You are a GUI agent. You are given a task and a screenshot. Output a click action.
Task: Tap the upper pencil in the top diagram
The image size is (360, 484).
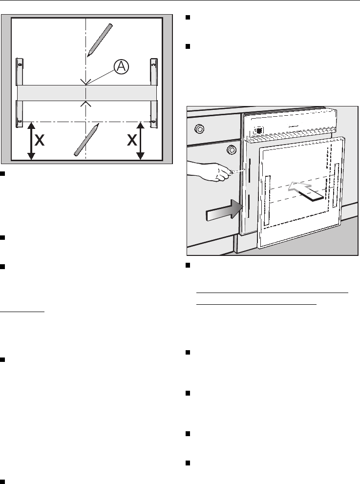point(100,40)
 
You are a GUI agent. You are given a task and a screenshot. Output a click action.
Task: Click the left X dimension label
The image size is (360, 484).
point(41,141)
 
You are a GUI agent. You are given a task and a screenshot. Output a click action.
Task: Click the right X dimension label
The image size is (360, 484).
point(131,141)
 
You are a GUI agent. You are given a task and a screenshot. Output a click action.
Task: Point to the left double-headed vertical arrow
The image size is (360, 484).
point(31,141)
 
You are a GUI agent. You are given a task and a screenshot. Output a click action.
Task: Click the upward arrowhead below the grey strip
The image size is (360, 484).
point(86,103)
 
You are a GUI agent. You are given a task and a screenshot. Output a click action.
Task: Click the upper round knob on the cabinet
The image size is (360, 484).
point(199,129)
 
